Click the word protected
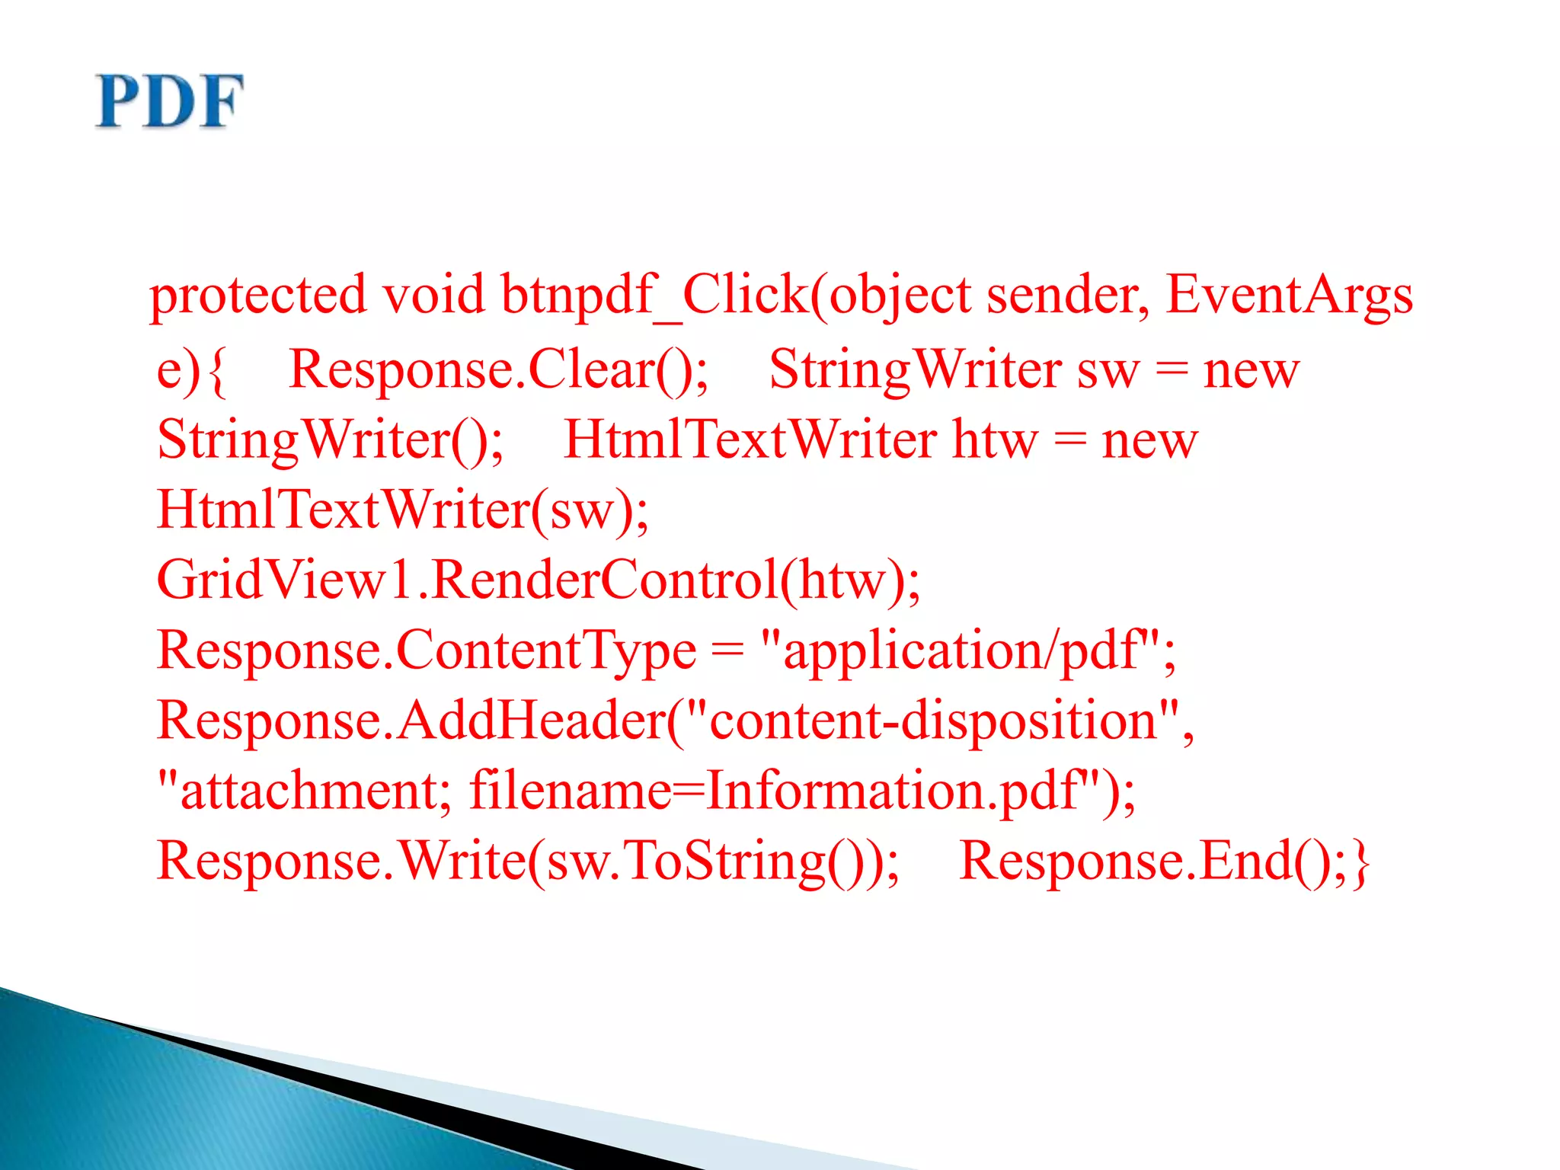[257, 296]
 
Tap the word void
[433, 294]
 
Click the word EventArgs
[1289, 296]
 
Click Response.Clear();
[499, 370]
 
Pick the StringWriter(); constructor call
[330, 440]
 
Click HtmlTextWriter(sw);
[402, 510]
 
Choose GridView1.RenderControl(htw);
[538, 580]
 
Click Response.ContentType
[427, 652]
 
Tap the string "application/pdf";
[968, 652]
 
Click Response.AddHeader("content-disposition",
[675, 721]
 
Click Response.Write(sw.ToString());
[528, 862]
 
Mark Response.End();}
[1164, 862]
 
